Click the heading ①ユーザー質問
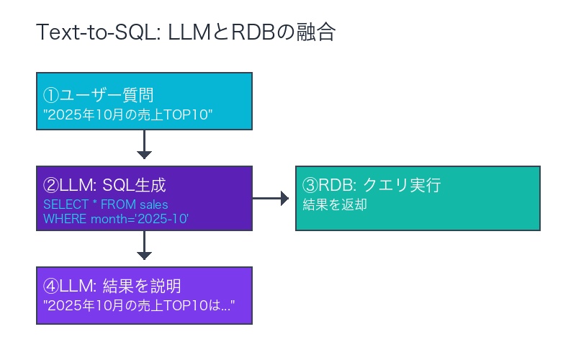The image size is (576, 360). pyautogui.click(x=98, y=95)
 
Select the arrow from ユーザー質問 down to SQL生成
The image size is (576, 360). pyautogui.click(x=144, y=145)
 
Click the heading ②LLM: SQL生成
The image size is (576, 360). pyautogui.click(x=105, y=185)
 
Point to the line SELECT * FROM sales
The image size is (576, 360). pyautogui.click(x=105, y=204)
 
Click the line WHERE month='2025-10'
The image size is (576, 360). pyautogui.click(x=116, y=218)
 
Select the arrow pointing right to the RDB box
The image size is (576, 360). pyautogui.click(x=271, y=198)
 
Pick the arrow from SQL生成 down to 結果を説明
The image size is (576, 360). pyautogui.click(x=144, y=246)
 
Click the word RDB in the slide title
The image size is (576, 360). pyautogui.click(x=260, y=33)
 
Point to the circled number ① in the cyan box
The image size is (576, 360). pyautogui.click(x=51, y=95)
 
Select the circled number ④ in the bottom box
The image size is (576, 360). pyautogui.click(x=51, y=286)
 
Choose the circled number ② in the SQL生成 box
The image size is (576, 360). pyautogui.click(x=51, y=185)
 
